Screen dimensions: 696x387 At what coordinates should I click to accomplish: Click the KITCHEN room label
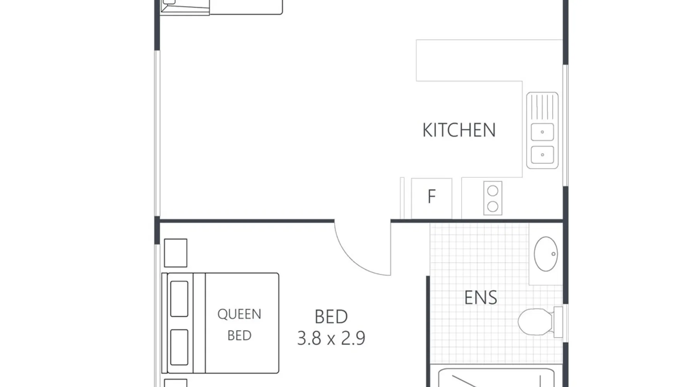(x=459, y=130)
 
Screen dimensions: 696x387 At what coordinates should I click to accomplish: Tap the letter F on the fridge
(x=432, y=197)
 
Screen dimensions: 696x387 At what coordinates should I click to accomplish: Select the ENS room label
(x=481, y=297)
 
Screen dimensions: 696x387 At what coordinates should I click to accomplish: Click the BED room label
(x=331, y=317)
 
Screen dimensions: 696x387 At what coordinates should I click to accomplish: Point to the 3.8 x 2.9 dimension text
(x=331, y=338)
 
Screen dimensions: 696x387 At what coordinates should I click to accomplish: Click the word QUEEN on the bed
(x=239, y=314)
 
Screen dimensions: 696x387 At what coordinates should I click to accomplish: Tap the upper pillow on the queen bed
(x=179, y=299)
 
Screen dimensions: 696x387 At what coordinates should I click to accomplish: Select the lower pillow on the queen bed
(x=179, y=347)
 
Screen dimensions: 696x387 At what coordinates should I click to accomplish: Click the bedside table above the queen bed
(x=176, y=253)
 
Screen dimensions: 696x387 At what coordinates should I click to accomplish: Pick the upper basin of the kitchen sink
(x=542, y=132)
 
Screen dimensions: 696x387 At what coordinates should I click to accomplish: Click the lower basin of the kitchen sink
(x=542, y=155)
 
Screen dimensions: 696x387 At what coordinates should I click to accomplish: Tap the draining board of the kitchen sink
(x=542, y=107)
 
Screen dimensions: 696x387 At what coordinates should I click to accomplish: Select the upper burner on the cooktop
(x=493, y=191)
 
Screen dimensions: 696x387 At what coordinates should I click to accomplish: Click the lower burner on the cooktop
(x=493, y=207)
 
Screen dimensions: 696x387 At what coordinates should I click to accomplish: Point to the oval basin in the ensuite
(x=546, y=254)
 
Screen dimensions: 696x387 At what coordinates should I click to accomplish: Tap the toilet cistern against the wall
(x=558, y=322)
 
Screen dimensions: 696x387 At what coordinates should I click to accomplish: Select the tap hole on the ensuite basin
(x=553, y=254)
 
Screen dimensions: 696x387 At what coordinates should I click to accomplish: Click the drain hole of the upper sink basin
(x=542, y=132)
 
